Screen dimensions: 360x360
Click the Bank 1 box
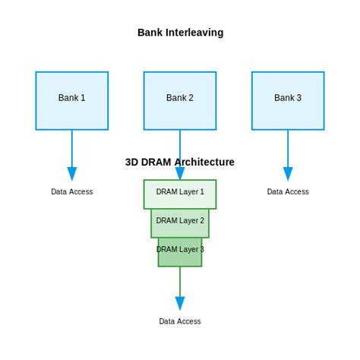click(x=71, y=100)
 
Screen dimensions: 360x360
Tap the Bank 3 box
click(x=288, y=100)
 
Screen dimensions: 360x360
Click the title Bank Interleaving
click(x=180, y=33)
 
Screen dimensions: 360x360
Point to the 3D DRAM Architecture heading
click(x=180, y=162)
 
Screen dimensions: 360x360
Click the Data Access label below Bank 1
click(x=71, y=192)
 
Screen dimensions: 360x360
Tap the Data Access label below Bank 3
click(x=288, y=192)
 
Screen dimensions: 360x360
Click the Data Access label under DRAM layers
click(x=180, y=321)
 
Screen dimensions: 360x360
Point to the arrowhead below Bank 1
click(x=71, y=174)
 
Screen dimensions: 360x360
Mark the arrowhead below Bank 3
click(x=288, y=174)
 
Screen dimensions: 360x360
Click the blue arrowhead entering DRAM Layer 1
click(x=180, y=174)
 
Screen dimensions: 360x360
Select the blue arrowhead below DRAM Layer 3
click(x=180, y=303)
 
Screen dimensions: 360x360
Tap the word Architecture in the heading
click(x=204, y=162)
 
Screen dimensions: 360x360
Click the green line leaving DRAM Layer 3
click(x=180, y=281)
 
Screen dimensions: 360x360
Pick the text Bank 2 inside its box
click(x=180, y=98)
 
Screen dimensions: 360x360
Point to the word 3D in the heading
click(x=132, y=162)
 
